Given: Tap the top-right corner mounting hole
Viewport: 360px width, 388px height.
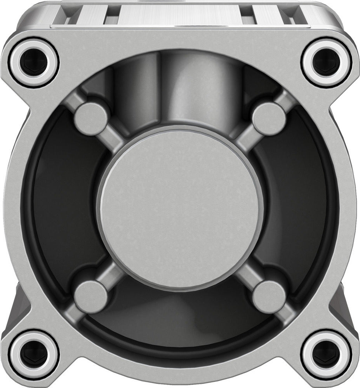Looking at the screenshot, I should (326, 62).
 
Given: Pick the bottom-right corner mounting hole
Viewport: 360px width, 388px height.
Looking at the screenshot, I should (326, 354).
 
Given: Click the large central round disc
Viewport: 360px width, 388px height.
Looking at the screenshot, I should (180, 210).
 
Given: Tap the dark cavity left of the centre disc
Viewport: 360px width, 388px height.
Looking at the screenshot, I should (58, 210).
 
